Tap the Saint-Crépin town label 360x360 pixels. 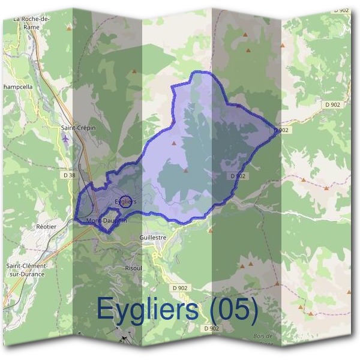(x=78, y=128)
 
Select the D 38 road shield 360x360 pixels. (x=68, y=175)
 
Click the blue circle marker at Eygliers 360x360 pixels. (x=125, y=201)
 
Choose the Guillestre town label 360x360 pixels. (x=152, y=237)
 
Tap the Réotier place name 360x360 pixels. (x=46, y=226)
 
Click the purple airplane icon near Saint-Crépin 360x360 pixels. (x=65, y=139)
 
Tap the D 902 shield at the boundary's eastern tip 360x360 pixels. (x=282, y=130)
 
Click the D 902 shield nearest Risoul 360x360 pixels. (x=180, y=288)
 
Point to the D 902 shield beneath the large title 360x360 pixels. (x=211, y=328)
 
